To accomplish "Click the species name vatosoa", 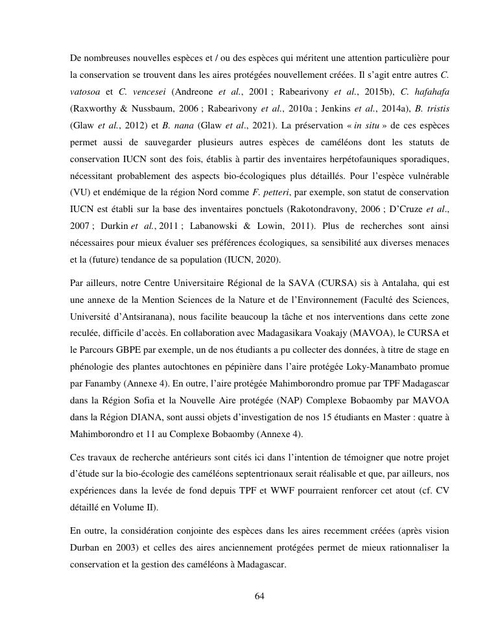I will click(x=86, y=91).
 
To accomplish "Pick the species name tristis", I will click(x=437, y=108).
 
